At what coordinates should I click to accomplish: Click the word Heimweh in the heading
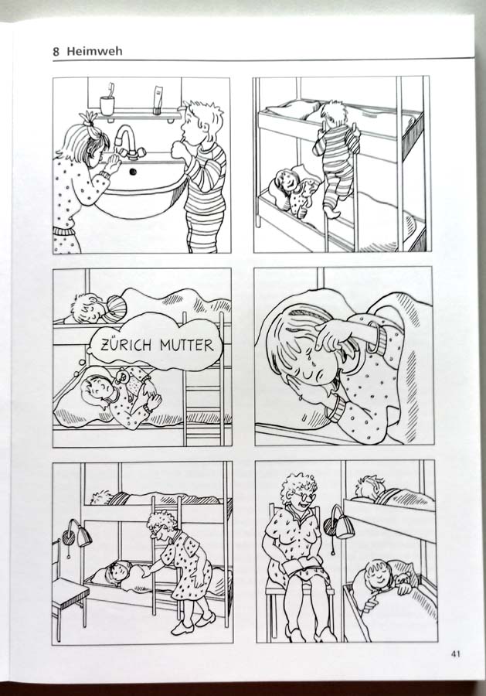(x=94, y=51)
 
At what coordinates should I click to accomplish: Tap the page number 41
(x=455, y=653)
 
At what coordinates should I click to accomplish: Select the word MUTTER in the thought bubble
(x=187, y=345)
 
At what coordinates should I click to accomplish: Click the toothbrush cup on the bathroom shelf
(x=107, y=105)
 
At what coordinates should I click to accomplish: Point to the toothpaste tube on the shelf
(x=158, y=101)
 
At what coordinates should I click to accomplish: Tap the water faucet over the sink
(x=127, y=142)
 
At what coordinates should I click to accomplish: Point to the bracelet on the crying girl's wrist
(x=374, y=338)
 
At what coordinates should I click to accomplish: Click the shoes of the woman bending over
(x=193, y=623)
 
